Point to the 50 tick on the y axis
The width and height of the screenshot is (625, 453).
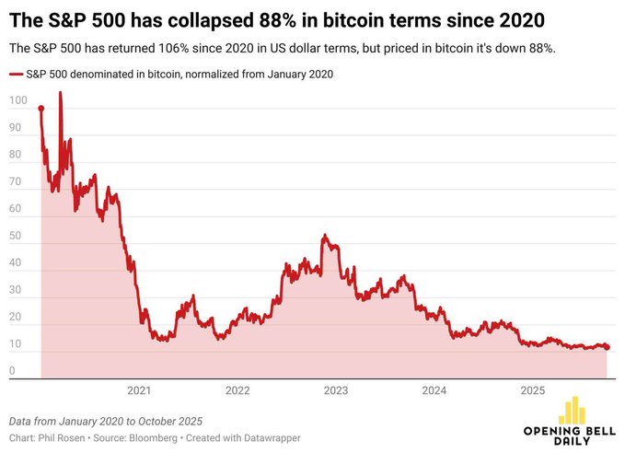click(x=16, y=236)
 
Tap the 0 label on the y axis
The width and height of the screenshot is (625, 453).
click(x=13, y=371)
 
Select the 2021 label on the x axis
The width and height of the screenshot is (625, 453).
click(x=139, y=390)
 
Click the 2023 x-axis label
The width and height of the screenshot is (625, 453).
click(x=336, y=390)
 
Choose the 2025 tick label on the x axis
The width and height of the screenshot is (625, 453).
click(x=533, y=390)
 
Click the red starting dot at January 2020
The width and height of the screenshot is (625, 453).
click(x=41, y=108)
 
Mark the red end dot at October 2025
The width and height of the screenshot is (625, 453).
click(x=607, y=347)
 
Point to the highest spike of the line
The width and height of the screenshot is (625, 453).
click(x=61, y=93)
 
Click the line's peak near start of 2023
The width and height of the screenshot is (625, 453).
click(x=324, y=237)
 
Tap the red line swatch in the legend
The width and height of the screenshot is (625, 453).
click(x=16, y=74)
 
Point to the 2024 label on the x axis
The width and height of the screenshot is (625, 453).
click(x=434, y=390)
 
